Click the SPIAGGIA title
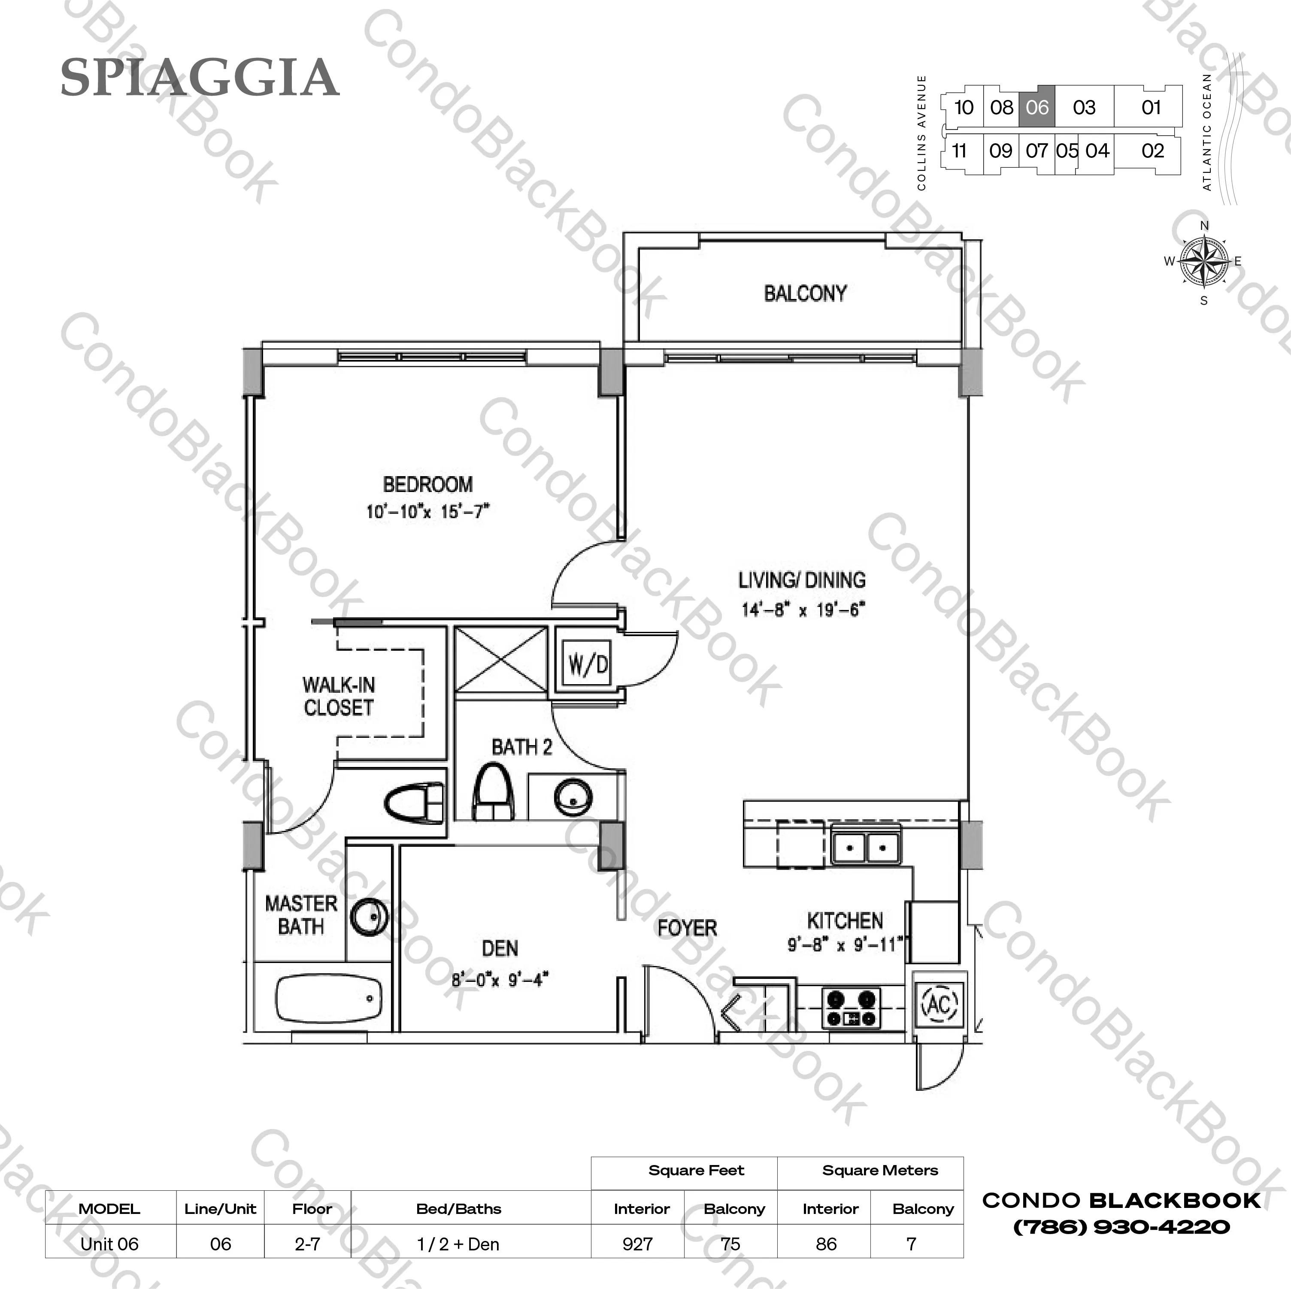(x=200, y=78)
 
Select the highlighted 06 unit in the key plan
(x=1037, y=107)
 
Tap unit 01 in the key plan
(x=1151, y=107)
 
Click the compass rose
(x=1204, y=261)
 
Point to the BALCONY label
(x=805, y=293)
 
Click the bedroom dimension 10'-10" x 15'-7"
(x=427, y=512)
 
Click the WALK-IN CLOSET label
(x=339, y=696)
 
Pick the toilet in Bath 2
(x=493, y=793)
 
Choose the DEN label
(x=500, y=948)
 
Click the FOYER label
(x=687, y=928)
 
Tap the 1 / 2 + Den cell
(x=458, y=1244)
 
